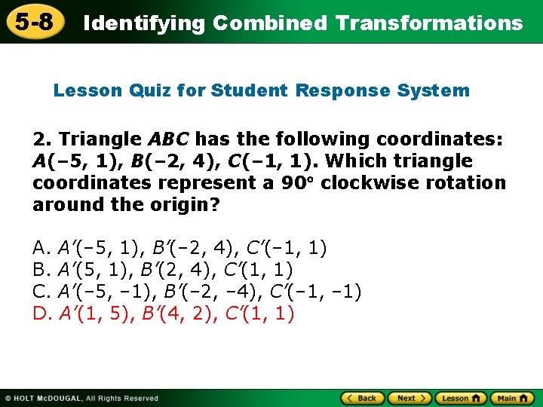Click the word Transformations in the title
tap(429, 23)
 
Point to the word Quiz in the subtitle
tap(149, 91)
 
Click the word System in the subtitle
tap(434, 91)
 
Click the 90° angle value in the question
tap(300, 183)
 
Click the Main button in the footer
tap(512, 398)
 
